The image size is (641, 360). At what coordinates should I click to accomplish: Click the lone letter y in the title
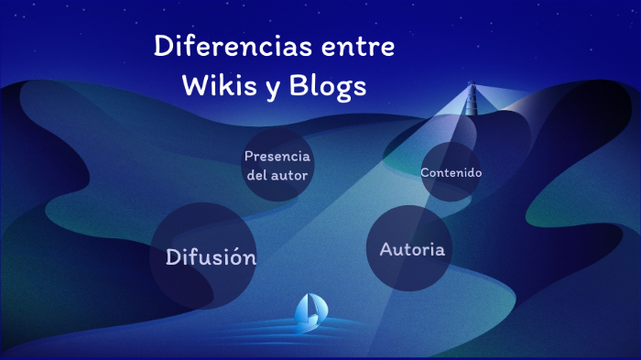270,88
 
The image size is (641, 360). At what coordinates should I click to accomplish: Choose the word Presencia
277,156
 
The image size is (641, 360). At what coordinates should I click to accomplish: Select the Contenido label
451,172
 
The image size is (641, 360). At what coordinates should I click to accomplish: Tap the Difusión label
211,257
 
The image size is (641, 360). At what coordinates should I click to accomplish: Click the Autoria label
412,249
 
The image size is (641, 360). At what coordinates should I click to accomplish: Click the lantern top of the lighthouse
473,88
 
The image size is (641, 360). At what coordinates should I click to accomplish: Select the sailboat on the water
309,311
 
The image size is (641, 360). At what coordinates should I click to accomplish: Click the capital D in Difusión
173,257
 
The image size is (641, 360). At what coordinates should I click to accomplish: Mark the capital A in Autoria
386,249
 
